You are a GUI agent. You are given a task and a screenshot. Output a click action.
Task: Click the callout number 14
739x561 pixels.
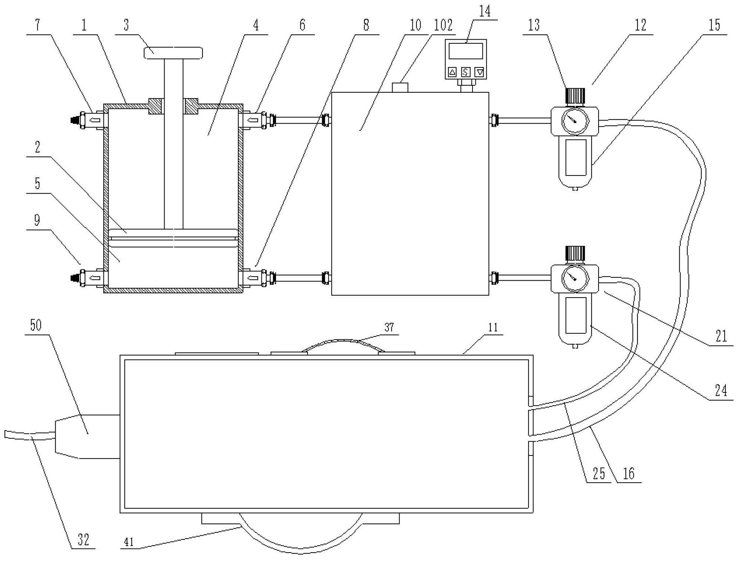(x=484, y=11)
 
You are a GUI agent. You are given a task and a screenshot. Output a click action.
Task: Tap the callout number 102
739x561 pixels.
(x=443, y=26)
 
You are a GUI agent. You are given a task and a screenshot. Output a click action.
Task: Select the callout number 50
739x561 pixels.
(x=36, y=325)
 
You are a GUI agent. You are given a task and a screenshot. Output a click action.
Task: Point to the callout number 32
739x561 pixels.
(x=83, y=540)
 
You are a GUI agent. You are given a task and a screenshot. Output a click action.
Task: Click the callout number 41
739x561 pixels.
(x=129, y=542)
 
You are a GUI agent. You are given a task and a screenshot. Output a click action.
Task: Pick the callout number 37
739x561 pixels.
(x=389, y=327)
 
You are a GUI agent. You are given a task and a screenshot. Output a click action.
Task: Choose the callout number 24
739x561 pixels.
(x=721, y=391)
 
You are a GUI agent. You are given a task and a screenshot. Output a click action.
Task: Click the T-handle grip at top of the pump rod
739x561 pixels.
(x=173, y=53)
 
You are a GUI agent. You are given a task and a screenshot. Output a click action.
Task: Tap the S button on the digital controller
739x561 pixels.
(x=465, y=72)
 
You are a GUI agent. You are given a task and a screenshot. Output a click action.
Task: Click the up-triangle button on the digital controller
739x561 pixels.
(x=452, y=72)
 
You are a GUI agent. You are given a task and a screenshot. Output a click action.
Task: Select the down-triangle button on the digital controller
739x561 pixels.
(x=479, y=72)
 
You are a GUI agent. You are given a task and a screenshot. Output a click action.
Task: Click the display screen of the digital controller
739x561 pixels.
(x=466, y=51)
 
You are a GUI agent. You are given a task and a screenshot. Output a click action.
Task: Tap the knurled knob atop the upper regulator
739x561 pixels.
(x=575, y=96)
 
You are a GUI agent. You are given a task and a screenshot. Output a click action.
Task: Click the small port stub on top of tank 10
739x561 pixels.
(x=400, y=88)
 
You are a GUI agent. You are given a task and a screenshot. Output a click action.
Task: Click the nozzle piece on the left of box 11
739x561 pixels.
(x=87, y=436)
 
